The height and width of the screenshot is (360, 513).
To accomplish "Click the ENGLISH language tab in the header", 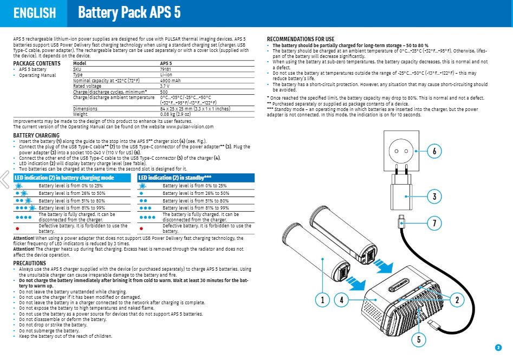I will click(x=35, y=13).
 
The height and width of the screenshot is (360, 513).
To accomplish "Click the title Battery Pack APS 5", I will click(x=129, y=13).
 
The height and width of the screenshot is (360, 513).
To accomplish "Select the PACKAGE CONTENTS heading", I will click(x=37, y=63).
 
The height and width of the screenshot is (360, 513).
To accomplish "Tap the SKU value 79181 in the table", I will click(x=166, y=69).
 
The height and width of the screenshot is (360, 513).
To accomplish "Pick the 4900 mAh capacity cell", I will click(x=170, y=80).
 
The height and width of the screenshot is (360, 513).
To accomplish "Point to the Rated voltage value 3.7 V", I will click(x=165, y=86).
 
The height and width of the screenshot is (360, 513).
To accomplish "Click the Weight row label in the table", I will click(x=80, y=114).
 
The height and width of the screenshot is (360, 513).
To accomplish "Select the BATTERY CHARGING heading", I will click(x=36, y=135).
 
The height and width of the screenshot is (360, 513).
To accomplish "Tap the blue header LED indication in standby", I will click(x=175, y=178).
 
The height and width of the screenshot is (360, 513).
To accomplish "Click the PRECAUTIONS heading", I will click(x=29, y=263).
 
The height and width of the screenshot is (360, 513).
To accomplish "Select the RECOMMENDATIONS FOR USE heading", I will click(x=301, y=39).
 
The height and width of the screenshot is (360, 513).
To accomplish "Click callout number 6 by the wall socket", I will click(x=434, y=151).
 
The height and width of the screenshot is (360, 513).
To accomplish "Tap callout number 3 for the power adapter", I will click(x=434, y=197).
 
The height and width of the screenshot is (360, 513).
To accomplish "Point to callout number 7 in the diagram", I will click(x=434, y=222).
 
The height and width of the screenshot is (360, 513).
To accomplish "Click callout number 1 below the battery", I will click(x=322, y=299).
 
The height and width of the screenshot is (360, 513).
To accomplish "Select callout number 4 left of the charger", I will click(x=341, y=299).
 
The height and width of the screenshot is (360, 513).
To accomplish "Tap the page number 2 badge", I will click(x=498, y=348).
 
